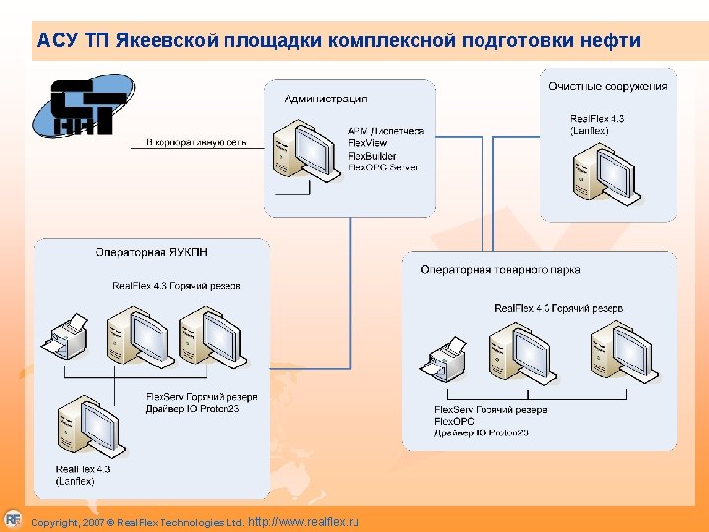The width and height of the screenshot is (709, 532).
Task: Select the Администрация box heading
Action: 326,99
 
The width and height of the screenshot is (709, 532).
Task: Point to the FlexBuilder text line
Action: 372,156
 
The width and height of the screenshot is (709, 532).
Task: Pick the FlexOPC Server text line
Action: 383,167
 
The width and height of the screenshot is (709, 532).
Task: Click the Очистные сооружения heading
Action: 608,86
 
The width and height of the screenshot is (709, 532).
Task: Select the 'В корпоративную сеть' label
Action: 196,143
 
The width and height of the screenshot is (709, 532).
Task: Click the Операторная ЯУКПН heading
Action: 151,253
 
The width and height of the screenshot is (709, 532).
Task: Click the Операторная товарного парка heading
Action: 500,269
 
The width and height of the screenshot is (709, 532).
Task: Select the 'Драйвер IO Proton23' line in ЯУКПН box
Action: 193,408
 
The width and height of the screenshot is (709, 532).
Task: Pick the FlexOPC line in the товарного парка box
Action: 455,421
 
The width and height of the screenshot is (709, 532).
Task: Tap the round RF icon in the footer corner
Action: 12,518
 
